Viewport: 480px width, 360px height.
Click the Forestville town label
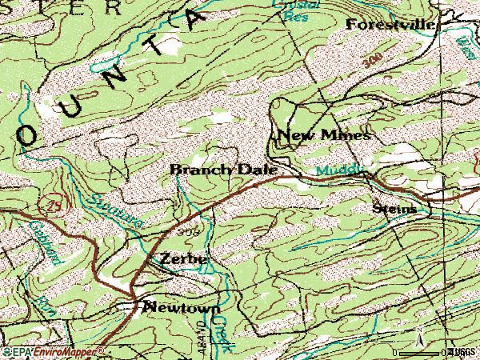pyautogui.click(x=390, y=25)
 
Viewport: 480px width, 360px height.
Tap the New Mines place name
pyautogui.click(x=323, y=136)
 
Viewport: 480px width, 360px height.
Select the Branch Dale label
pyautogui.click(x=223, y=170)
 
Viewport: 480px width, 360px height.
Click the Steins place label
pyautogui.click(x=394, y=209)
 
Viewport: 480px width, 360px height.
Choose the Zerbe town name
pyautogui.click(x=183, y=259)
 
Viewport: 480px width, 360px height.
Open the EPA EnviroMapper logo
pyautogui.click(x=53, y=352)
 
